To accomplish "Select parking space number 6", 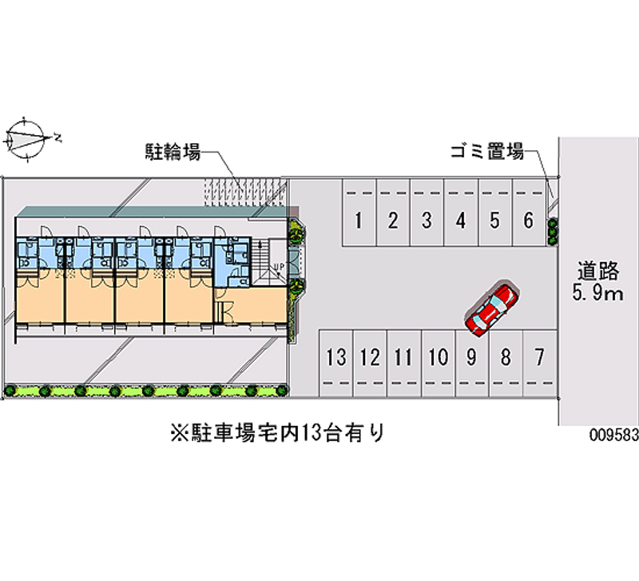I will [528, 220].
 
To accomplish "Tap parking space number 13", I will [336, 357].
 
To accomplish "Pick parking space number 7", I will [539, 357].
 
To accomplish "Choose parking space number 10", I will [437, 357].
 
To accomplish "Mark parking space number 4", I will [461, 220].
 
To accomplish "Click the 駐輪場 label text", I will [172, 150].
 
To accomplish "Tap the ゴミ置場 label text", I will [486, 149].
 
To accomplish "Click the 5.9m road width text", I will [597, 294].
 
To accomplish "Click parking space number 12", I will [369, 357].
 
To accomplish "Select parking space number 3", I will [427, 220].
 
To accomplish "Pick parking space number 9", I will [471, 357].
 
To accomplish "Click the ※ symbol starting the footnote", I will [177, 433].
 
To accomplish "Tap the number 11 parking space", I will [403, 357].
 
